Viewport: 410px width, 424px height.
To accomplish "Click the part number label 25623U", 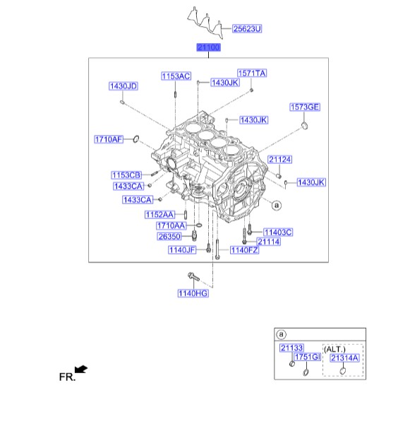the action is point(247,29).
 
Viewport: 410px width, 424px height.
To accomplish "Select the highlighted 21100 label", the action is point(208,47).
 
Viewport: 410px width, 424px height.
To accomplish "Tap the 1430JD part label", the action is point(123,86).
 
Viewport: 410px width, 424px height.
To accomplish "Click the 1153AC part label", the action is point(176,76).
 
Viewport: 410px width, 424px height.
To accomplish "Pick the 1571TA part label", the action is point(252,73).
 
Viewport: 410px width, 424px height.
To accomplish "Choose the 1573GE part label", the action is point(305,107).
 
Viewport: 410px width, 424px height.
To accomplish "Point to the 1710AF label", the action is point(109,139).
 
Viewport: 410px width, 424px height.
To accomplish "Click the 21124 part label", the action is point(280,160).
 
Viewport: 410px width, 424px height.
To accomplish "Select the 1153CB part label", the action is point(126,175).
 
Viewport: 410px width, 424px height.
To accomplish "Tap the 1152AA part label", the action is point(160,215).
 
